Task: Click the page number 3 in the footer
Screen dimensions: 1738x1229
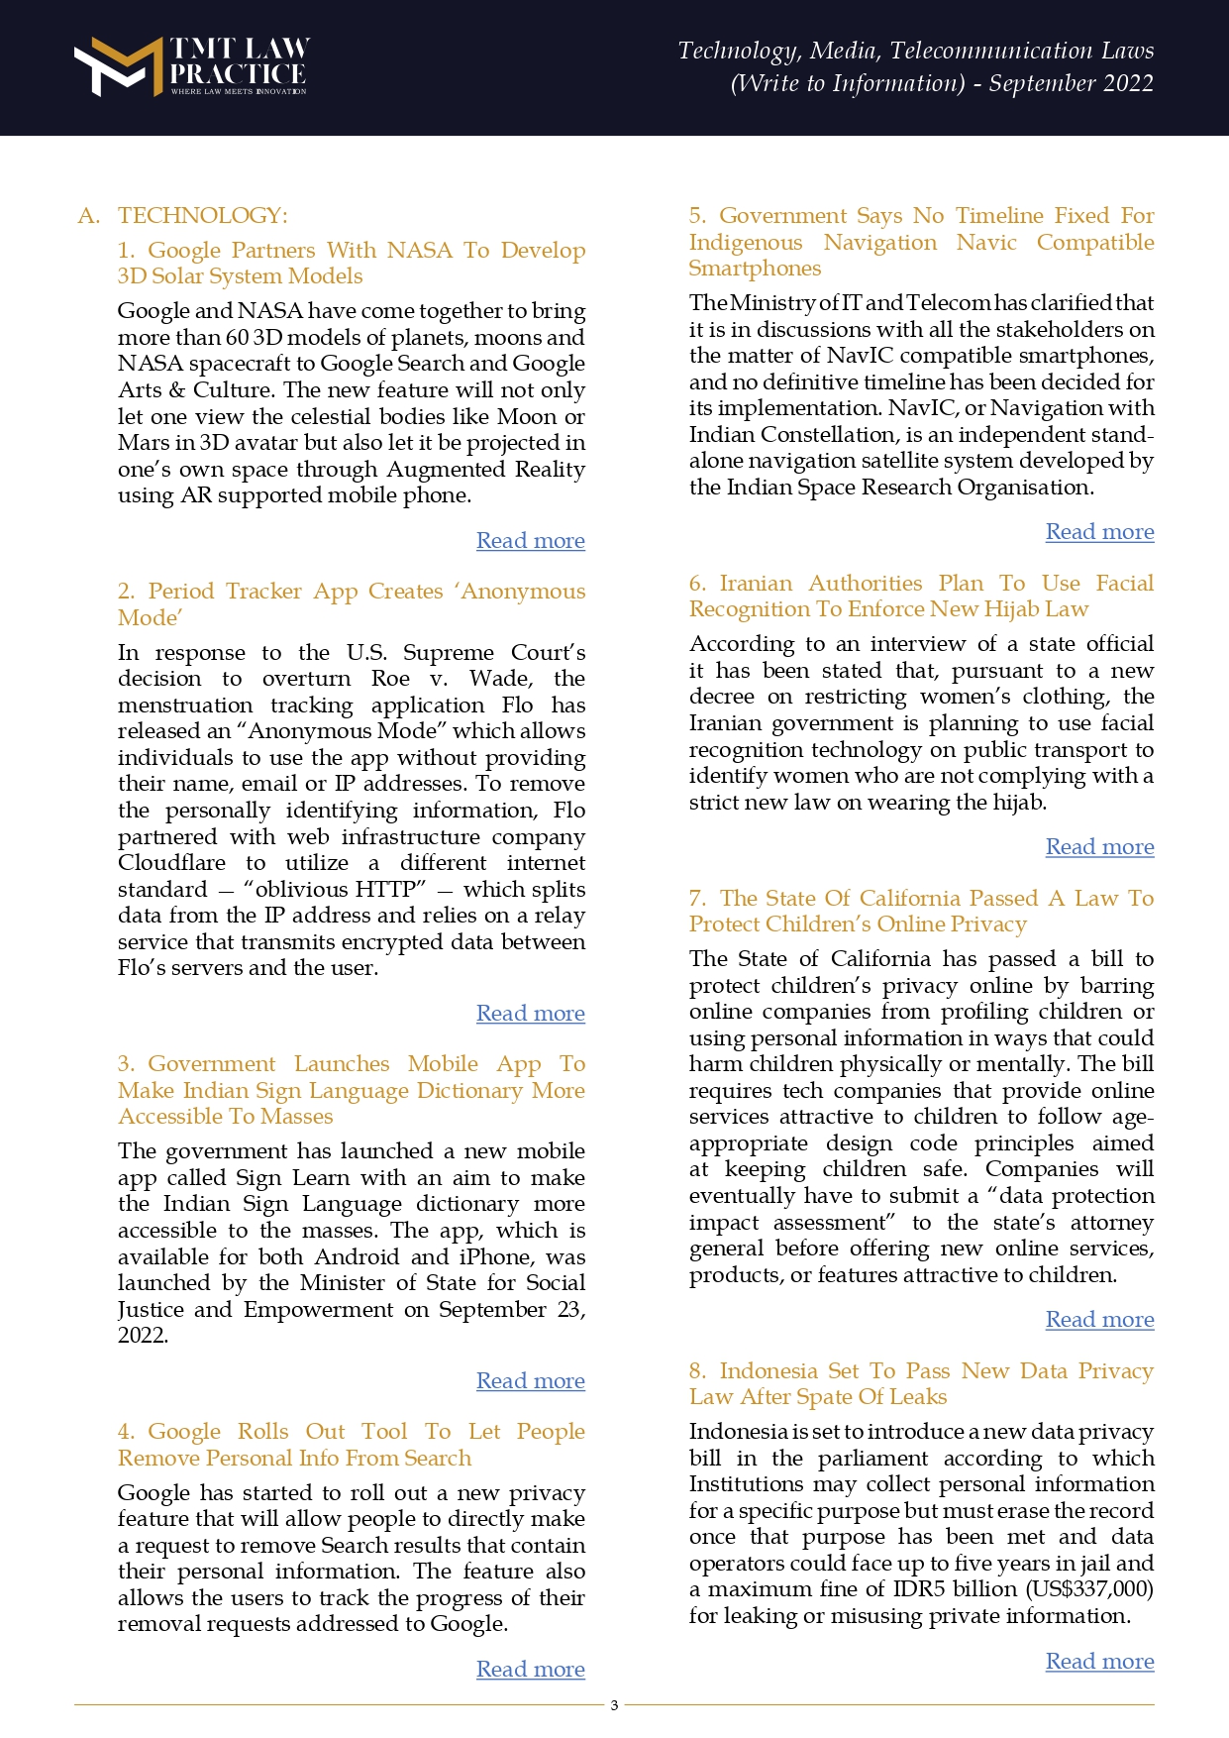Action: (x=614, y=1705)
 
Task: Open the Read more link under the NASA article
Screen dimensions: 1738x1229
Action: (x=530, y=541)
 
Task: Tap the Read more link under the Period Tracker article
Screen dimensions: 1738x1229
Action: (x=530, y=1014)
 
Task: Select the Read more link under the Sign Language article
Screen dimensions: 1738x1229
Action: (x=530, y=1381)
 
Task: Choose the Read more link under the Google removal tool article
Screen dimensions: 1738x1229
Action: (x=530, y=1670)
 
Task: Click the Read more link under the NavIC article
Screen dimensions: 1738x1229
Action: (x=1099, y=532)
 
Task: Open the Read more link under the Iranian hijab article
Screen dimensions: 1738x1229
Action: (x=1099, y=847)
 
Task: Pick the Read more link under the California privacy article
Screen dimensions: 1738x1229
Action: (x=1099, y=1320)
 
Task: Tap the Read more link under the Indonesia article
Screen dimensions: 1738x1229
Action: (x=1099, y=1662)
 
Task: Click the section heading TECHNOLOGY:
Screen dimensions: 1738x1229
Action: (x=202, y=216)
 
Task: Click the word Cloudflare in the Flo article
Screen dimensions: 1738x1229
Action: (x=171, y=863)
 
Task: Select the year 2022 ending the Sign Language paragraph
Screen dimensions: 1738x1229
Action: (x=142, y=1336)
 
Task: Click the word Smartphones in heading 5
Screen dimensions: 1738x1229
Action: (x=755, y=269)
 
